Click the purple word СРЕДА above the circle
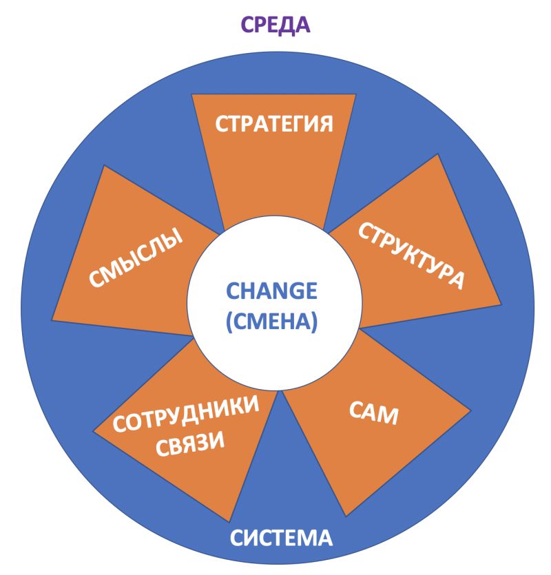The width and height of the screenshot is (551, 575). pyautogui.click(x=275, y=25)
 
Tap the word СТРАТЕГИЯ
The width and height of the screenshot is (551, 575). pyautogui.click(x=274, y=124)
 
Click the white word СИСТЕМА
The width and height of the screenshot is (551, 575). pyautogui.click(x=281, y=538)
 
